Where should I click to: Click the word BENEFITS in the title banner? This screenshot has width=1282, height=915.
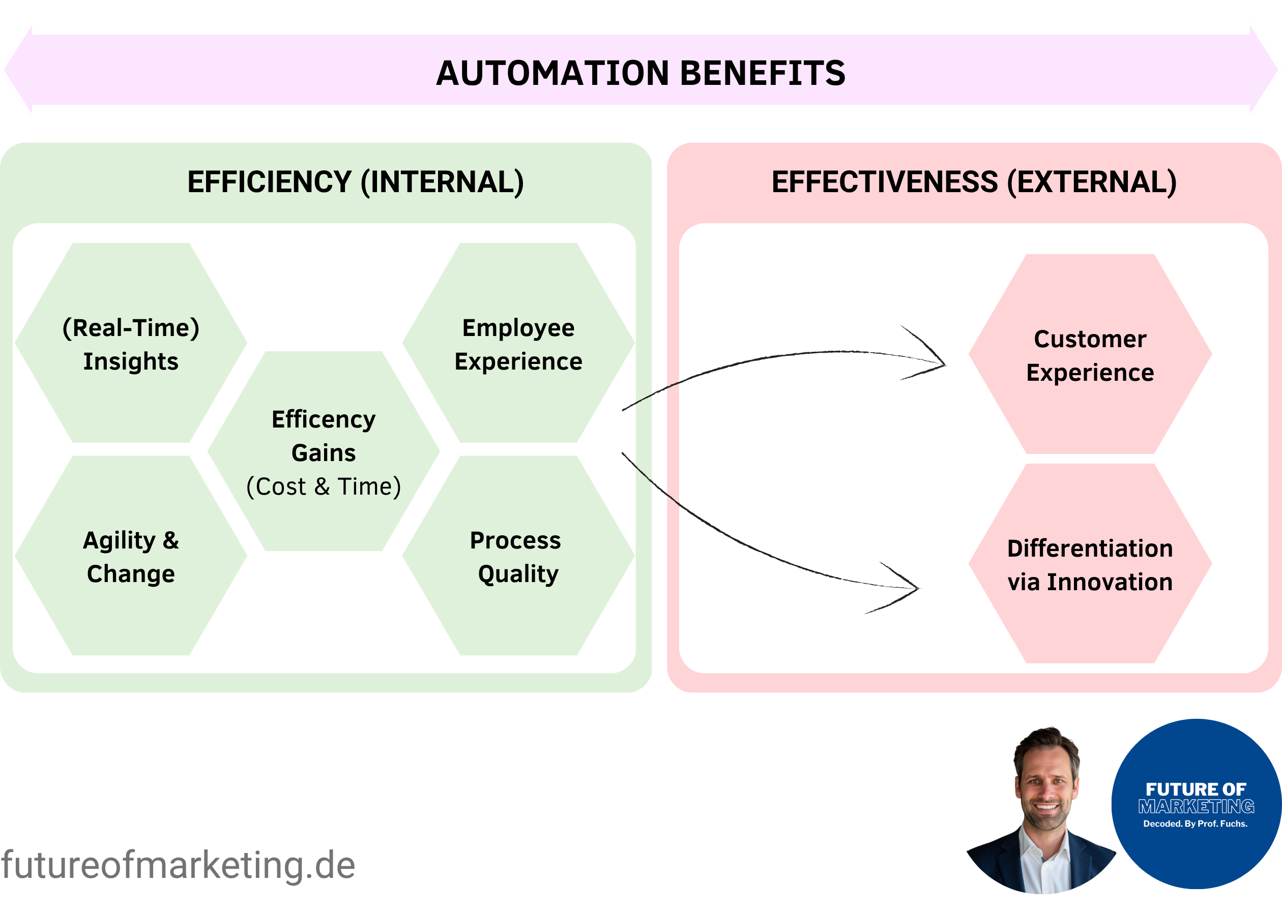pyautogui.click(x=763, y=73)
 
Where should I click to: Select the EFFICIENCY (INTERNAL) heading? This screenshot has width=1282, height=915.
pyautogui.click(x=355, y=182)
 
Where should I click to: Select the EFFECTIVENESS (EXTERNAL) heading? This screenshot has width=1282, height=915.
pyautogui.click(x=974, y=182)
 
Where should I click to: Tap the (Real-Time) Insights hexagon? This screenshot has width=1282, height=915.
pyautogui.click(x=131, y=343)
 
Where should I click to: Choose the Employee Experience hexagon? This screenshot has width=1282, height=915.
pyautogui.click(x=518, y=343)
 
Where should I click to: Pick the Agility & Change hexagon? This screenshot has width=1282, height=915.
pyautogui.click(x=131, y=556)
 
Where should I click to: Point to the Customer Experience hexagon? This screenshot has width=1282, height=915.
pyautogui.click(x=1090, y=354)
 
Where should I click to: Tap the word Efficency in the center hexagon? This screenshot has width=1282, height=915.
pyautogui.click(x=324, y=419)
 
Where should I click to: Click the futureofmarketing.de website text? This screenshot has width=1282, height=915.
pyautogui.click(x=178, y=865)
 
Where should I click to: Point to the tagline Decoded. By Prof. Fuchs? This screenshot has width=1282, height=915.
pyautogui.click(x=1195, y=823)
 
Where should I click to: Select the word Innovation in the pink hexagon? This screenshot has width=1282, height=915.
pyautogui.click(x=1110, y=582)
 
